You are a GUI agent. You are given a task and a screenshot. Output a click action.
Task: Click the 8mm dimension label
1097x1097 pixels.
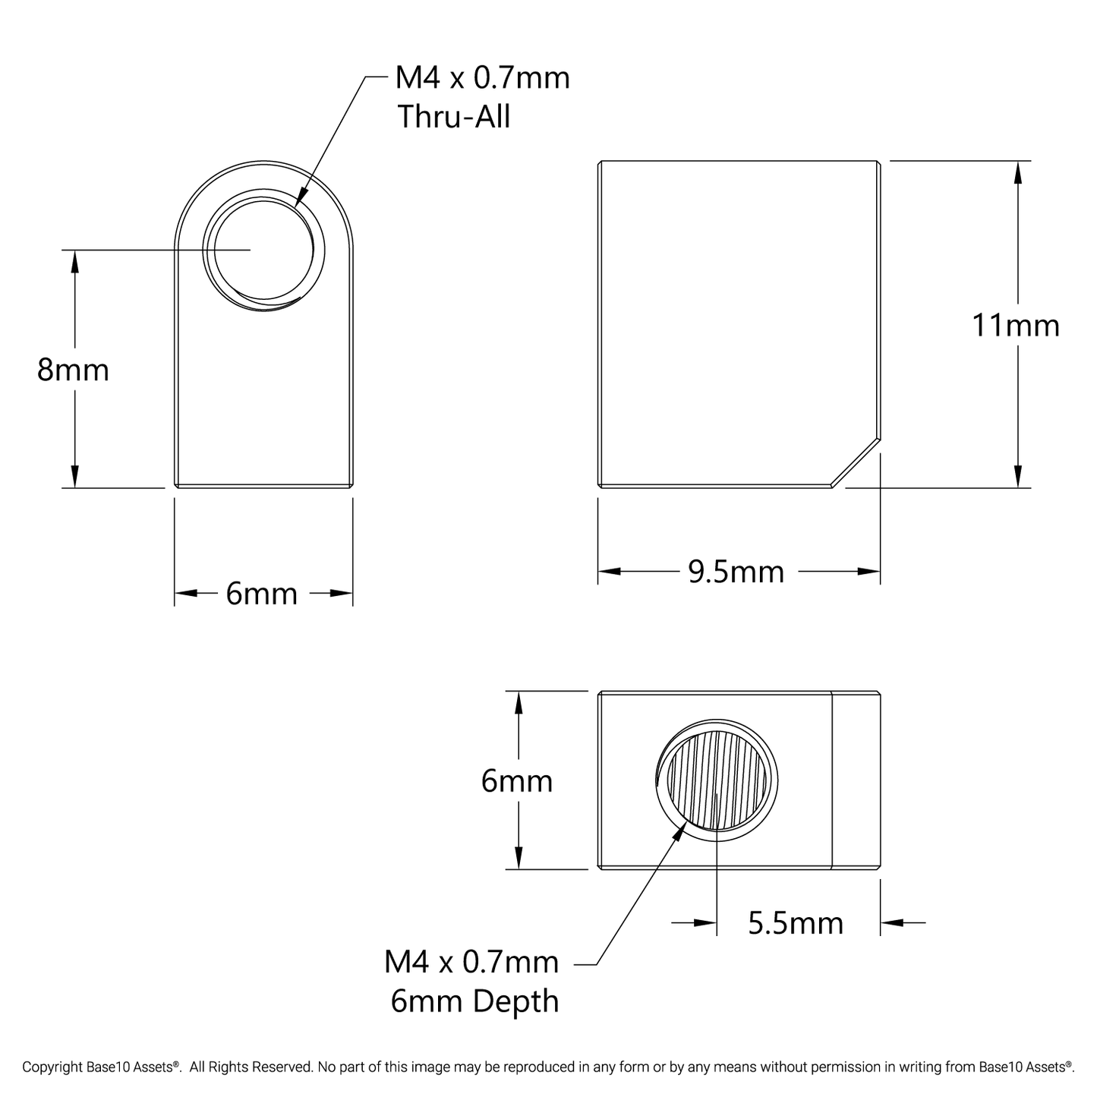[x=73, y=370]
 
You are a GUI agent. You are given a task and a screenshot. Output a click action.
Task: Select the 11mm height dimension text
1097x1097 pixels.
[x=1015, y=326]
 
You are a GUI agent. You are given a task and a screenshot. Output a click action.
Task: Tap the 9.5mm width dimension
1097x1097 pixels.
[x=736, y=572]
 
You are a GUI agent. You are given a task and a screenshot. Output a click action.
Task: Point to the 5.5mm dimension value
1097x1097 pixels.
[x=795, y=923]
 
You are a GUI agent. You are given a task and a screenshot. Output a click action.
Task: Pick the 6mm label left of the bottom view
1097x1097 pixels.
[x=516, y=781]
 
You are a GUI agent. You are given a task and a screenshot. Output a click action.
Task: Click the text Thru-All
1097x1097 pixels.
[x=454, y=117]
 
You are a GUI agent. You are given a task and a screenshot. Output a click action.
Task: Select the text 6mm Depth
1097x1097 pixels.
[x=474, y=1001]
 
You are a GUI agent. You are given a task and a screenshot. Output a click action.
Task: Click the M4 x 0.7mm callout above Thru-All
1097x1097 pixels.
[x=482, y=77]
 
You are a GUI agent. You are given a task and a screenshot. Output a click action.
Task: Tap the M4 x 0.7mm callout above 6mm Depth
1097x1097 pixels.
[x=471, y=962]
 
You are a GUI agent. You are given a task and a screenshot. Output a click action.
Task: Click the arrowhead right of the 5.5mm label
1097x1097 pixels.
[x=891, y=923]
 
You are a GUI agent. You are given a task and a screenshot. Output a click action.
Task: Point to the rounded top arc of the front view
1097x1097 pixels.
[x=263, y=162]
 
